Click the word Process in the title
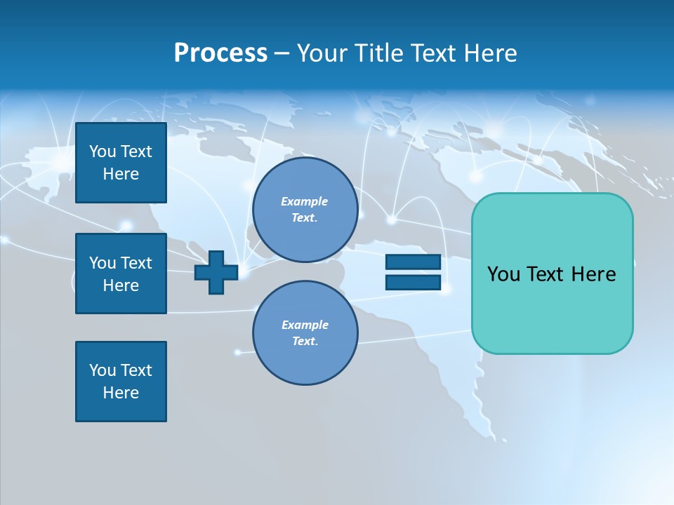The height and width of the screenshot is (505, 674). point(220,53)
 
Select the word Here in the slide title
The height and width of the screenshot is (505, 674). point(490,53)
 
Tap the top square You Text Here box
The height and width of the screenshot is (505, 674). point(121,163)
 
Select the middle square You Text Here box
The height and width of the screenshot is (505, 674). point(121,274)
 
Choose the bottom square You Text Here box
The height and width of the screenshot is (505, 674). point(121,382)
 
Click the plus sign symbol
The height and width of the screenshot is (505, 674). point(216,272)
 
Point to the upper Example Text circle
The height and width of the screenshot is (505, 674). point(305,210)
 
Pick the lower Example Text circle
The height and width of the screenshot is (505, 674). point(305,333)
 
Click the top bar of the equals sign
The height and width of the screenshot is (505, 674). point(413,262)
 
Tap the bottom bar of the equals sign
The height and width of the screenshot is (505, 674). point(413,283)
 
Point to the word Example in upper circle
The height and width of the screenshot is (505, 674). point(305,202)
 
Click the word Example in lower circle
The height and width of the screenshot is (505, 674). point(305,325)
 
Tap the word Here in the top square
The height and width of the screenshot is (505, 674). point(121,174)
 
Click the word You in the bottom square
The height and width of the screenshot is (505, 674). point(103,370)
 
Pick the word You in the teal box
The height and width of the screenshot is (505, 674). point(503,274)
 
